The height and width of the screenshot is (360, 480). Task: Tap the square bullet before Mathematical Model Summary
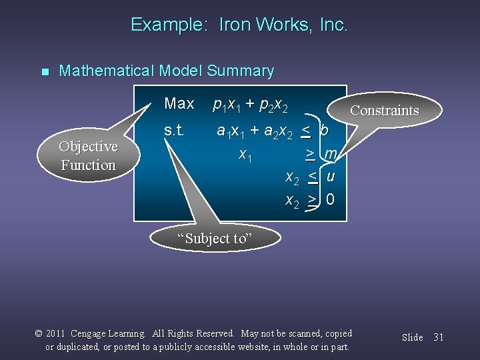point(45,72)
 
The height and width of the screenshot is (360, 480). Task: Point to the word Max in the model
point(179,103)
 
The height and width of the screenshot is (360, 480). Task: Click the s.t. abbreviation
point(174,131)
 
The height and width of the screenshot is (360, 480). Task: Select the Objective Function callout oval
point(88,155)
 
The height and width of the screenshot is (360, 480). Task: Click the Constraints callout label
point(384,111)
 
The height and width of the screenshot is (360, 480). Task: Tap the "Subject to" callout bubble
point(215,238)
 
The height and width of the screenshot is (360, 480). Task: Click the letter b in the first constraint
point(325,131)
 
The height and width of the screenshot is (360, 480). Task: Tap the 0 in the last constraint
point(331,200)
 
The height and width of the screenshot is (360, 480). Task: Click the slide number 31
point(438,337)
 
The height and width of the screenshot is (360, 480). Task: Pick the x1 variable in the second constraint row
point(245,156)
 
